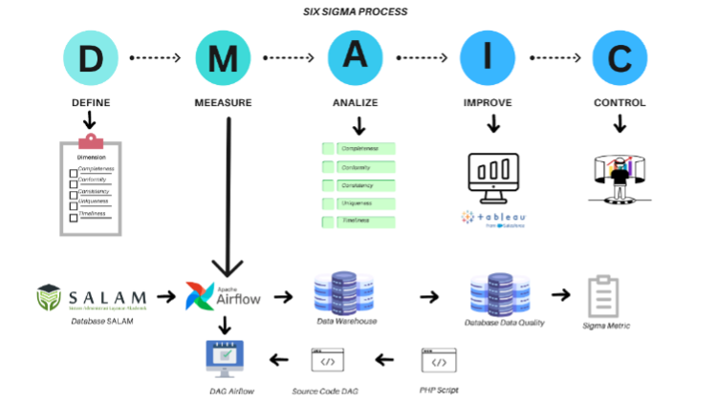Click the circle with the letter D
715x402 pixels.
(91, 57)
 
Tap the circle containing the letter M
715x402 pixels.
(224, 57)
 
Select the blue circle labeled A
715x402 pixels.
(356, 57)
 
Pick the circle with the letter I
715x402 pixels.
(487, 57)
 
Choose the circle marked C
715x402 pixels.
(619, 57)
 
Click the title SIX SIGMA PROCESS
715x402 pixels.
(357, 11)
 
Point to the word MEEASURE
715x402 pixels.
(224, 102)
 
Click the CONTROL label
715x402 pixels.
(619, 102)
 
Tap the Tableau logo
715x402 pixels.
(493, 217)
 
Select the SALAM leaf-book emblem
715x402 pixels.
(51, 297)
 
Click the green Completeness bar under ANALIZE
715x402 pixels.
(359, 149)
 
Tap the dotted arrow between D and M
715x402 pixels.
(156, 58)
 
